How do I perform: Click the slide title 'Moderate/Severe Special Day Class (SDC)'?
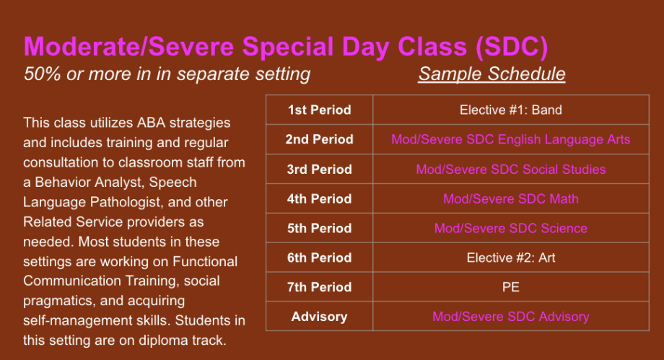tap(286, 47)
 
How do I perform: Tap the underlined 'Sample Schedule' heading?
tap(492, 74)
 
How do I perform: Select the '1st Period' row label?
tap(319, 110)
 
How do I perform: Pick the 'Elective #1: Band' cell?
tap(511, 110)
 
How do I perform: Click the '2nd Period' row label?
tap(319, 139)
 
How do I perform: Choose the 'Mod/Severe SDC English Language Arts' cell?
tap(511, 139)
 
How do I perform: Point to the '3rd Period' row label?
tap(319, 170)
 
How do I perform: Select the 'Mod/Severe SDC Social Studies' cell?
tap(511, 170)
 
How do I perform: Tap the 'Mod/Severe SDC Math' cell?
tap(511, 198)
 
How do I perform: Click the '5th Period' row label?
tap(319, 228)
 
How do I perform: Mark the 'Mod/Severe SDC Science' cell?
tap(511, 228)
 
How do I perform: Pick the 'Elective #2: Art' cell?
tap(511, 258)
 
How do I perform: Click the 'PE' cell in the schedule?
tap(511, 287)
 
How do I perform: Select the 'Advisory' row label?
tap(319, 317)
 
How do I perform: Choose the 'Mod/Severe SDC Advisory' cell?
tap(511, 317)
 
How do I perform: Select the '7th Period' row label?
tap(319, 287)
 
